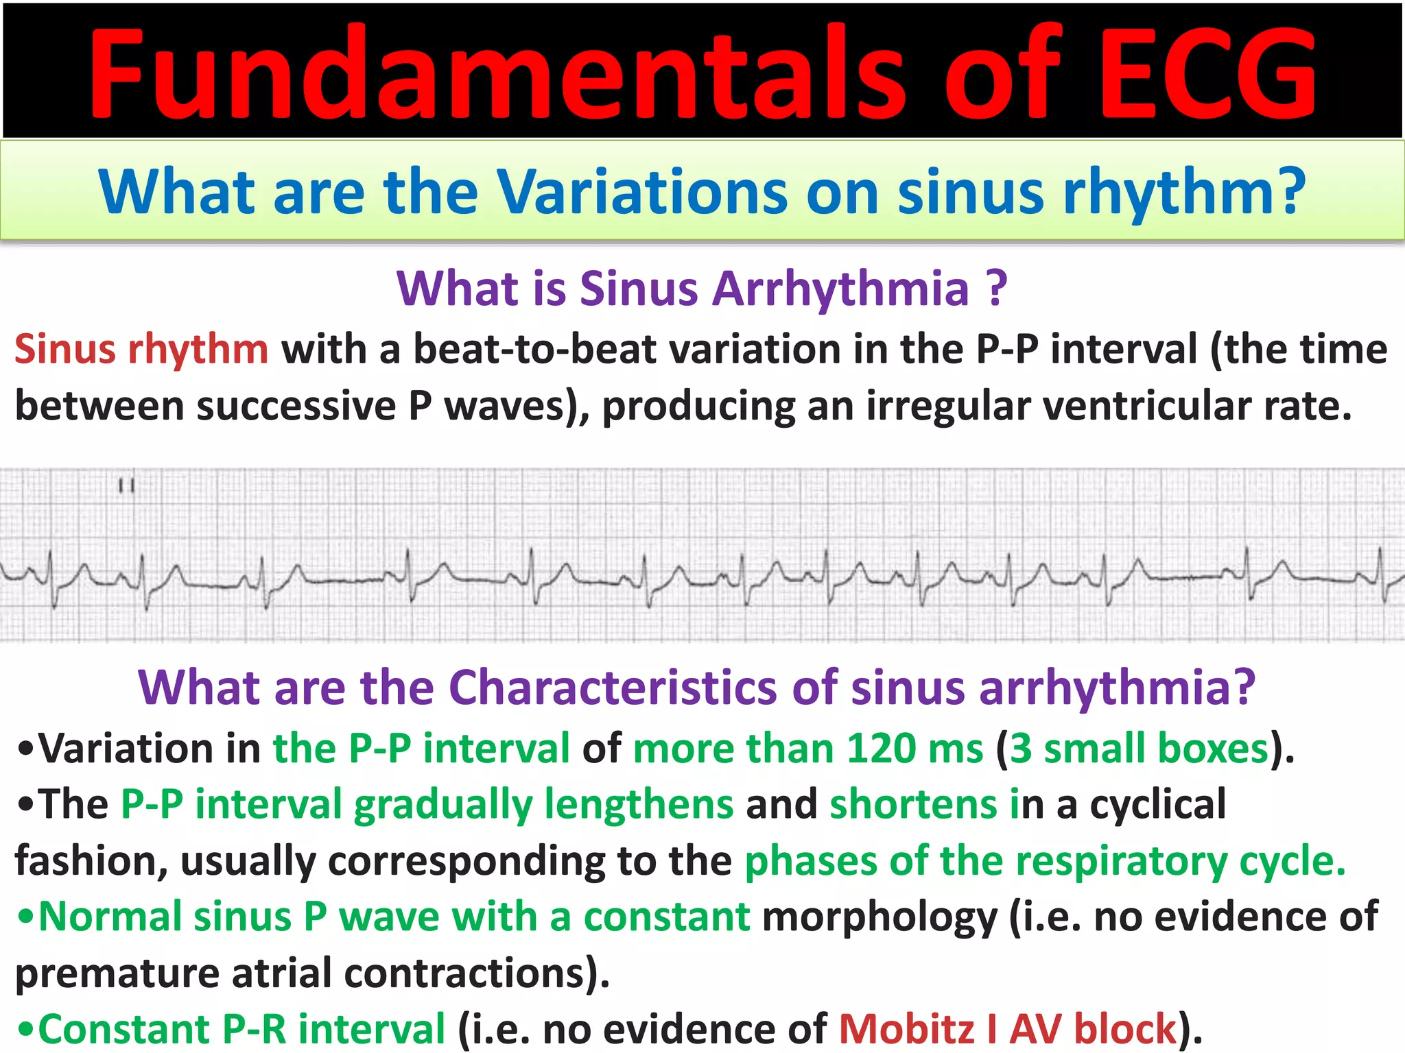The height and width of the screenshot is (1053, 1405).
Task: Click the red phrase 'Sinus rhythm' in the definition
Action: point(141,350)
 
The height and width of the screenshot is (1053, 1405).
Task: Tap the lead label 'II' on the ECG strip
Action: point(126,486)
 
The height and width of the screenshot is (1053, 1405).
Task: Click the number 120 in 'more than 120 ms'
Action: point(881,748)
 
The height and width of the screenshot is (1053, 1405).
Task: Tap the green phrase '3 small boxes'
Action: point(1139,748)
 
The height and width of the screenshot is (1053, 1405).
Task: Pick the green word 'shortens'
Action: point(913,804)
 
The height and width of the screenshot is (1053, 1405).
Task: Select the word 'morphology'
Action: point(879,917)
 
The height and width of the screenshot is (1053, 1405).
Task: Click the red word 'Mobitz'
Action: point(906,1029)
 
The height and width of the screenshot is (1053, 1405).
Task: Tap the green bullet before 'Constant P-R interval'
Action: point(26,1030)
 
